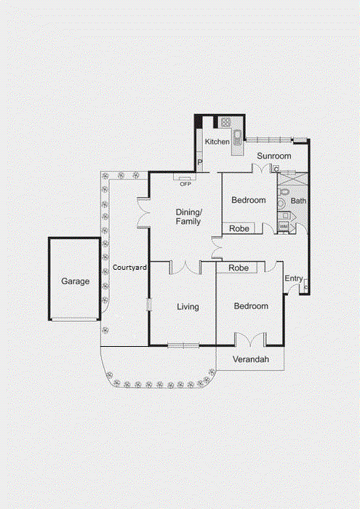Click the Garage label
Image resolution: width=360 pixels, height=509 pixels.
pos(75,281)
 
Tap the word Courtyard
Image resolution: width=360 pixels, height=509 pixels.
pos(130,268)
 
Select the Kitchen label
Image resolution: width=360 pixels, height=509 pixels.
pos(217,142)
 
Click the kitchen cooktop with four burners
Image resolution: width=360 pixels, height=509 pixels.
pos(226,122)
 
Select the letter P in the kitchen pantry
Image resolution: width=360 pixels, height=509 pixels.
pos(199,162)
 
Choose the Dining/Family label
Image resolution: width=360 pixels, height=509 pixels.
pos(188,217)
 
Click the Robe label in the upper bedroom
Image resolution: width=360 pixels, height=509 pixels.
pos(239,228)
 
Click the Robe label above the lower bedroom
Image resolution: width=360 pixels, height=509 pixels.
pos(239,268)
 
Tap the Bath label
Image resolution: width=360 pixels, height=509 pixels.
pos(298,200)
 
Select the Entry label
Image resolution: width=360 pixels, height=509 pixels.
pos(294,278)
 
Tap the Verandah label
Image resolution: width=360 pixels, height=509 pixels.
pos(251,360)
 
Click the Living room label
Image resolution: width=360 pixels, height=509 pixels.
pos(188,307)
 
